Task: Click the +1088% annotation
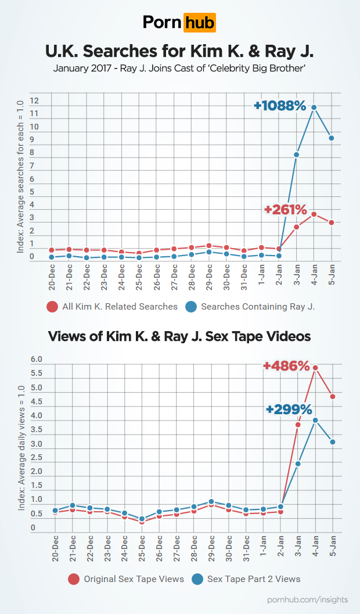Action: point(279,106)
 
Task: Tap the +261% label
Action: point(285,210)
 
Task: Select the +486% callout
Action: point(286,366)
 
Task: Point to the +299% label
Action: point(289,408)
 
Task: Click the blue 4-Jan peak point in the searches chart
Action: point(314,107)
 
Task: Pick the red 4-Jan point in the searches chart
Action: point(314,214)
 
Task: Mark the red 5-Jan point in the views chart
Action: point(333,397)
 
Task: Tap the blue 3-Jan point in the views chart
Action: point(298,464)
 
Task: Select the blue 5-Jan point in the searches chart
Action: point(332,138)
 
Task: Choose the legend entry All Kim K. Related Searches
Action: point(119,307)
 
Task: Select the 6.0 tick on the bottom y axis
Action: point(37,360)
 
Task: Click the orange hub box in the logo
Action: point(199,23)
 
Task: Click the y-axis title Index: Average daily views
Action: point(21,447)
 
